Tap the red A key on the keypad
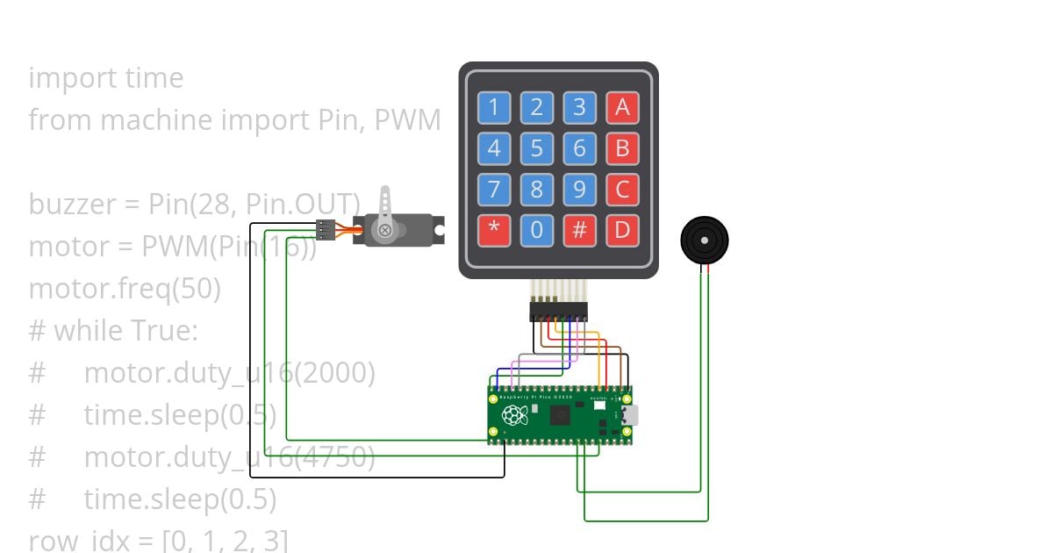pyautogui.click(x=622, y=108)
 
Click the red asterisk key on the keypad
pyautogui.click(x=494, y=231)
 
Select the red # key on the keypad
pyautogui.click(x=579, y=231)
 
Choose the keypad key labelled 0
pyautogui.click(x=537, y=231)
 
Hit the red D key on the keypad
pyautogui.click(x=622, y=231)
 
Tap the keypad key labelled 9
pyautogui.click(x=579, y=190)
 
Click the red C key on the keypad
pyautogui.click(x=622, y=190)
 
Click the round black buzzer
pyautogui.click(x=704, y=240)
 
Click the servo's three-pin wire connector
pyautogui.click(x=326, y=230)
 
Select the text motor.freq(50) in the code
pyautogui.click(x=125, y=288)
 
